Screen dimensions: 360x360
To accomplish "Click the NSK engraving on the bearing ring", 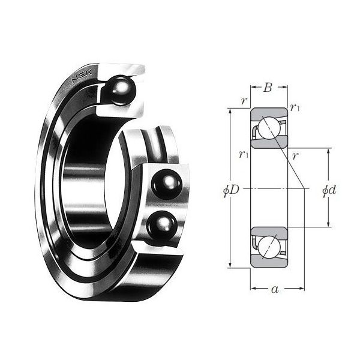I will (x=80, y=77).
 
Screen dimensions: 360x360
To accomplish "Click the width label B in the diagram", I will (x=268, y=88).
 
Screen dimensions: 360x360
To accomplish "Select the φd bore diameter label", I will (x=329, y=190).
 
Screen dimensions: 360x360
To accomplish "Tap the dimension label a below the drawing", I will (x=275, y=290).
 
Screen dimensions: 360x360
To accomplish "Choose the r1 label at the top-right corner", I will (x=294, y=107).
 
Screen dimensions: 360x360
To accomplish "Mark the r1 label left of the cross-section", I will (x=242, y=154).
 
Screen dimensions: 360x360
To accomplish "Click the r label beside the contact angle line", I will (x=295, y=155).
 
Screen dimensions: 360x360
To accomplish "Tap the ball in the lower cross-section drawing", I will (x=268, y=247).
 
